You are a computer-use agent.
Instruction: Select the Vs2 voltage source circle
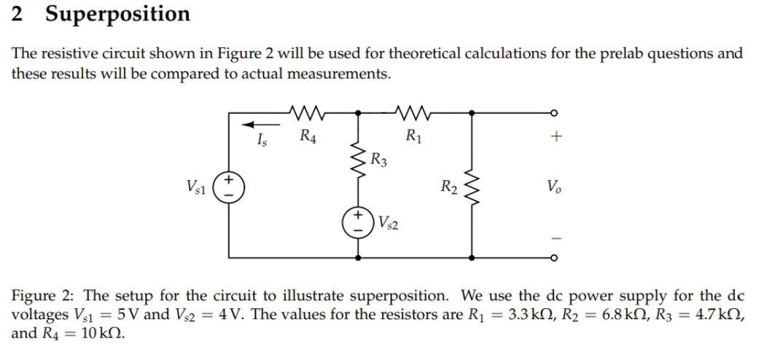tap(358, 222)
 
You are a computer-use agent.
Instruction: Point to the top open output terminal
tap(554, 112)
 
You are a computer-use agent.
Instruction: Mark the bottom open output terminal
tap(554, 257)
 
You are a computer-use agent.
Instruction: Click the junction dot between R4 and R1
tap(358, 113)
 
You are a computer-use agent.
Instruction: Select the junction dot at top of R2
tap(473, 113)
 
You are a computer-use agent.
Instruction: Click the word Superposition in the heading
tap(117, 14)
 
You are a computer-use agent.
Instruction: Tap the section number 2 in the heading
tap(17, 15)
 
